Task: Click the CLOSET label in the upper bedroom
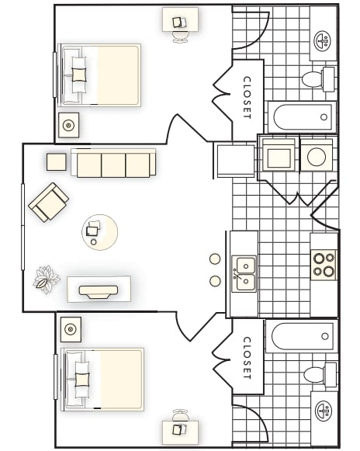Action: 247,96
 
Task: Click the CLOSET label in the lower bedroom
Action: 247,357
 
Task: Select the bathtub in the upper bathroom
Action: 303,118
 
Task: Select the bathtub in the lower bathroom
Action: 303,337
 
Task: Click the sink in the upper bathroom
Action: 323,40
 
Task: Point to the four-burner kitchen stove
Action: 324,264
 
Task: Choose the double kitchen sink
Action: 245,274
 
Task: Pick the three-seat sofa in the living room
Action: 113,164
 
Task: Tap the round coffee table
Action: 101,231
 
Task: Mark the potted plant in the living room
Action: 47,279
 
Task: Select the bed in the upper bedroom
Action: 101,75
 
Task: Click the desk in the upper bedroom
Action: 180,20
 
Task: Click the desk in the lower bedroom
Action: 180,429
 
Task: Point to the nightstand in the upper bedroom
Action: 68,124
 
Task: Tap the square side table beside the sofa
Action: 57,161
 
